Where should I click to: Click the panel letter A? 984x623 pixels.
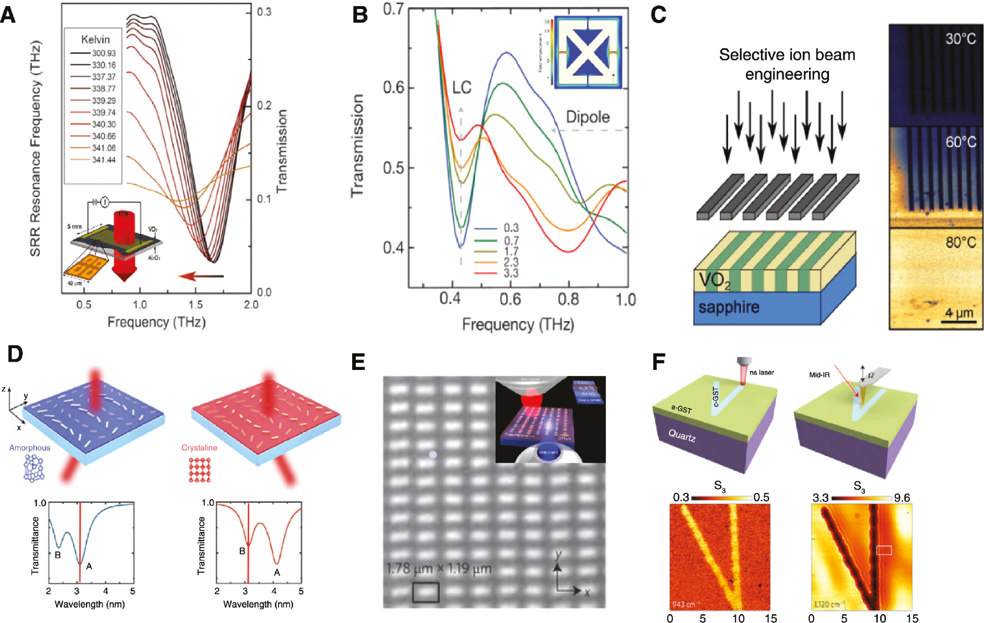[8, 14]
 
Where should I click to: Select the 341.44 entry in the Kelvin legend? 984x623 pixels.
[104, 160]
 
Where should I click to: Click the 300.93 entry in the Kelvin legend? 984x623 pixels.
[104, 53]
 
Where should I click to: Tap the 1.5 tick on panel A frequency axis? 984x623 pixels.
[195, 305]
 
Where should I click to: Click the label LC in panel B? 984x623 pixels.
[461, 87]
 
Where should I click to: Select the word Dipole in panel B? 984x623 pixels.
[588, 117]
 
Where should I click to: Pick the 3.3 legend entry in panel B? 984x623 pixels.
[511, 273]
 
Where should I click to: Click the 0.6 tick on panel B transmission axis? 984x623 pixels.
[394, 87]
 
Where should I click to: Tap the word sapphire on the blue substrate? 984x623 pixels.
[728, 307]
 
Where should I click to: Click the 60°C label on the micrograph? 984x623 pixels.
[960, 142]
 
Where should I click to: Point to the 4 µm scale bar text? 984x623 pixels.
[959, 313]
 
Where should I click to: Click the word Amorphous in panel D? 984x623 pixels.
[29, 447]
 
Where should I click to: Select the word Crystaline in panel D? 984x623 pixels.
[199, 447]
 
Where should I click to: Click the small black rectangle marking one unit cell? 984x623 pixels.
[425, 592]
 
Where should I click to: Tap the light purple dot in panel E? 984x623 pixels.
[433, 455]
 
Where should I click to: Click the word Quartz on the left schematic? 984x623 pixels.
[682, 436]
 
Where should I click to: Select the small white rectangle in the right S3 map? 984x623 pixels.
[884, 550]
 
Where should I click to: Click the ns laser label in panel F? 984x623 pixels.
[761, 373]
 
